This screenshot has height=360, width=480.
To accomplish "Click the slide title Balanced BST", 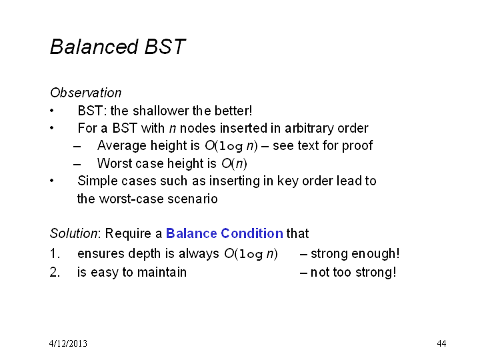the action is (118, 47).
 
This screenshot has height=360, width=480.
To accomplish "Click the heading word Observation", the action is (86, 93).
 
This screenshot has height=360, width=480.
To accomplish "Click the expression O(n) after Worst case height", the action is (234, 163).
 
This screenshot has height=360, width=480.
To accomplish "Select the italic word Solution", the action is (73, 233).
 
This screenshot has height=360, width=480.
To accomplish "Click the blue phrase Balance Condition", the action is (225, 233).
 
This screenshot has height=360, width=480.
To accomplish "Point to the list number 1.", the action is (55, 254).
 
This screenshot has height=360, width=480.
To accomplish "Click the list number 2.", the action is (55, 272).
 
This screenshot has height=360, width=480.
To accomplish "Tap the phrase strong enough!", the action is (355, 254).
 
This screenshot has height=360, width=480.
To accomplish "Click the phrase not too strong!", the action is (353, 272).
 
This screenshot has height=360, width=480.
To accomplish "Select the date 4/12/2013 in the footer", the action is (68, 343).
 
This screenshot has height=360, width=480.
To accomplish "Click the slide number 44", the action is (441, 343).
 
